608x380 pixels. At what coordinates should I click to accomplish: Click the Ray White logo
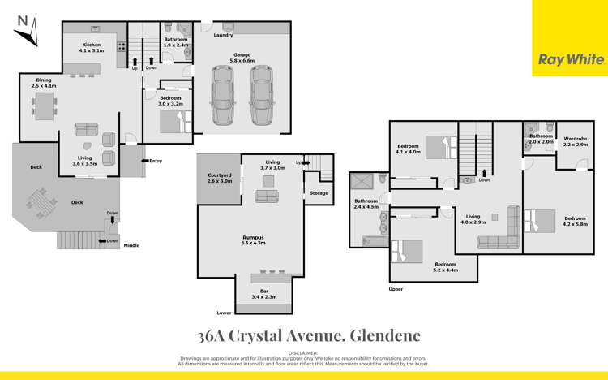click(570, 59)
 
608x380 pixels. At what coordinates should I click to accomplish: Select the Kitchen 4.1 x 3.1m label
click(91, 49)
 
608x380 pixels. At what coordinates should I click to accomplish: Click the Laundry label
click(223, 36)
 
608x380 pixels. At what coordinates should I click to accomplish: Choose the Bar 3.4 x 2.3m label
click(263, 294)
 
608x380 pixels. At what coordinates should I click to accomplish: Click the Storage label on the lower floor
click(319, 193)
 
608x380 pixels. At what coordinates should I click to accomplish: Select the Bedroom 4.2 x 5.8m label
click(575, 222)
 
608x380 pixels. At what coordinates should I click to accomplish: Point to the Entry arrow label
click(152, 161)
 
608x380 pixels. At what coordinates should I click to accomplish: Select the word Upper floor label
click(396, 289)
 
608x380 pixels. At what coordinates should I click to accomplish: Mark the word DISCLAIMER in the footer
click(304, 353)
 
